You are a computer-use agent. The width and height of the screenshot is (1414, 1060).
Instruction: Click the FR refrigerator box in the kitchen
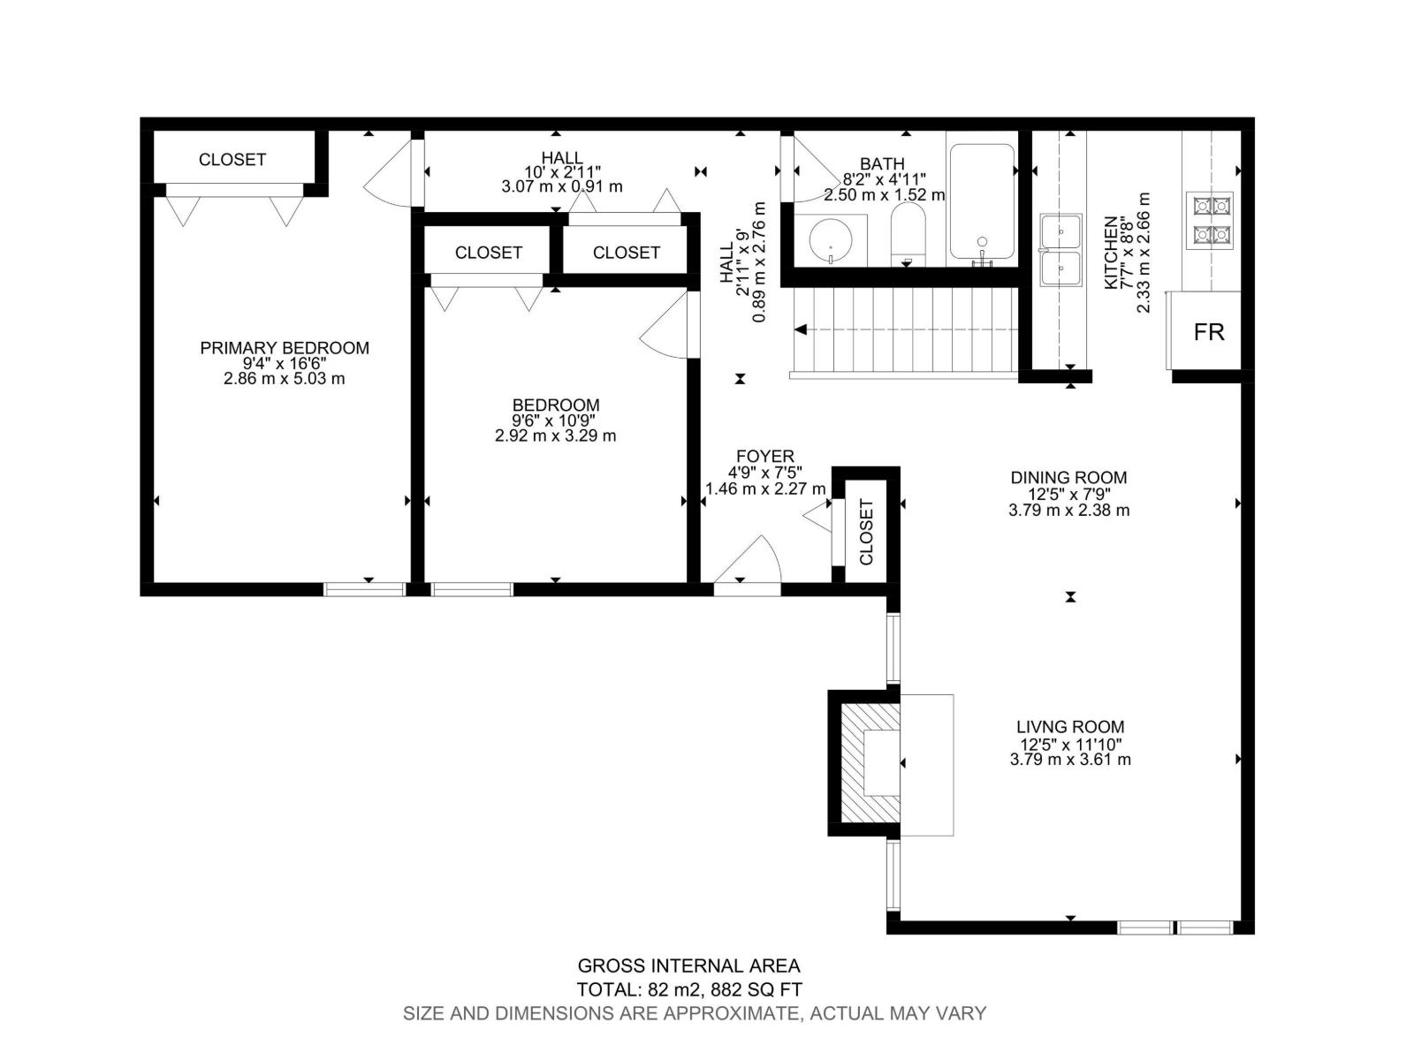point(1208,332)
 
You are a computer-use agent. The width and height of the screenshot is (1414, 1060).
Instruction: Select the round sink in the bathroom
point(831,238)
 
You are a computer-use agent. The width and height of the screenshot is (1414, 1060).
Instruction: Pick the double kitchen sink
point(1060,250)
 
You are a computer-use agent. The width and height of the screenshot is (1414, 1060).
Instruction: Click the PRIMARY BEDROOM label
point(284,348)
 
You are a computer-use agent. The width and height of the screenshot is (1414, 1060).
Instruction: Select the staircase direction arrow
point(802,330)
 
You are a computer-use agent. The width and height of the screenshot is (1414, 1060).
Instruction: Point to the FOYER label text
point(764,457)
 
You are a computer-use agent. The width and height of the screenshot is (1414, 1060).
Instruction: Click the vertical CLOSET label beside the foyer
point(866,532)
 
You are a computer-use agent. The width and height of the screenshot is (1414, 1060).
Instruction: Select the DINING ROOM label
point(1068,478)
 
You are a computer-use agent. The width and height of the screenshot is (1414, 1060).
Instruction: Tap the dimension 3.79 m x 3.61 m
point(1070,760)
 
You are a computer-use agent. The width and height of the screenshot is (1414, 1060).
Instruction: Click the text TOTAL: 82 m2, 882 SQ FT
point(689,990)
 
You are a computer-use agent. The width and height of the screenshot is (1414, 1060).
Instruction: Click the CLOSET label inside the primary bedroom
point(232,160)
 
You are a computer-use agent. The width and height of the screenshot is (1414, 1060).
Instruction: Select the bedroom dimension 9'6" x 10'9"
point(555,420)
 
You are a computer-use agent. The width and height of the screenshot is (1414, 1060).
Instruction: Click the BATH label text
point(882,164)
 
